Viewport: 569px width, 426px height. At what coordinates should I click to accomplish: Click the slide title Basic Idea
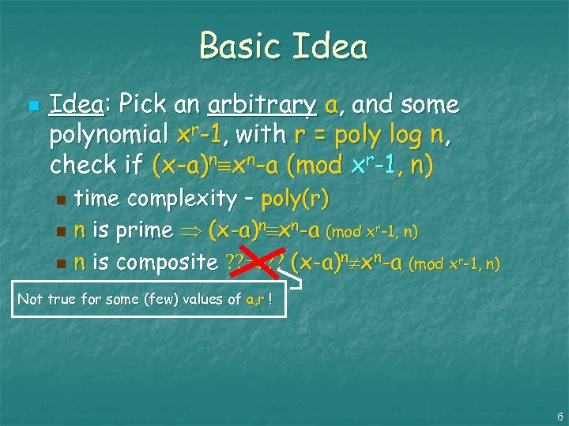coord(284,46)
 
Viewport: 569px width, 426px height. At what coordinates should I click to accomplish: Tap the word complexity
coord(184,199)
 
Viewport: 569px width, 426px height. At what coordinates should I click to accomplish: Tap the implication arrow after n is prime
coord(193,231)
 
